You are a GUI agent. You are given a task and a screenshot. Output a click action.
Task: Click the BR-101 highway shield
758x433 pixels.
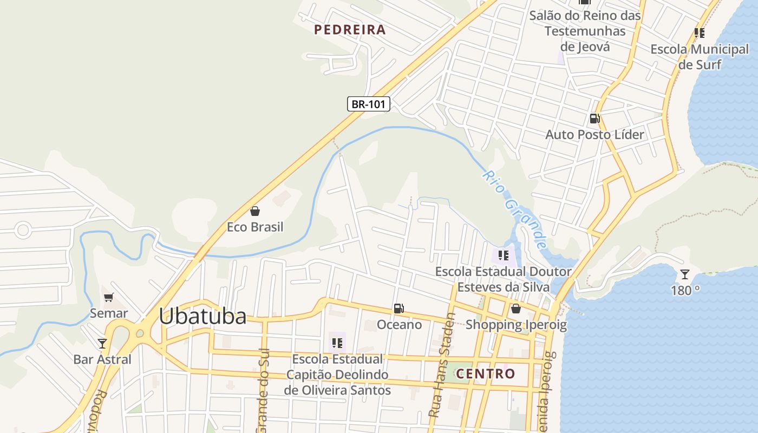click(x=368, y=104)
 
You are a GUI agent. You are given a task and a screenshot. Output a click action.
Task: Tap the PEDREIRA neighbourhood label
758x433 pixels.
click(x=350, y=30)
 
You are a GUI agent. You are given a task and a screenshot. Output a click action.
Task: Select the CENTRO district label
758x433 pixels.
click(x=485, y=373)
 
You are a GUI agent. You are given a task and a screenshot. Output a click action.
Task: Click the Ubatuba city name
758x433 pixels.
click(x=202, y=317)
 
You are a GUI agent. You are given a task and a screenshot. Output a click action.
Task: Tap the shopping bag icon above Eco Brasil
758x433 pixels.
click(x=255, y=211)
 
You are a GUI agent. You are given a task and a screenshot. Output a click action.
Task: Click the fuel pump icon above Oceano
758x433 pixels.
click(x=399, y=309)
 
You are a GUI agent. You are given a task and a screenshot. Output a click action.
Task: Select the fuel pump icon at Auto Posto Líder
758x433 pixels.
click(x=594, y=119)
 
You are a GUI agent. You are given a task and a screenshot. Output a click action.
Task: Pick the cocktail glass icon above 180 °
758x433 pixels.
click(x=685, y=274)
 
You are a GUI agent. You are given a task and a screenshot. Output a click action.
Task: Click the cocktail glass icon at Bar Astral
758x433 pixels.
click(x=102, y=343)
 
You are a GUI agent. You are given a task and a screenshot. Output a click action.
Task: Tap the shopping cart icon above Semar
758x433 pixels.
click(x=109, y=297)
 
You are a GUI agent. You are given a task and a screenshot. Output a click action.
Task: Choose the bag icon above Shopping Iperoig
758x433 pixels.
click(x=516, y=309)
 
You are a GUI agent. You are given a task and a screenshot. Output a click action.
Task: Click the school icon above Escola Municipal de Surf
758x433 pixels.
click(x=700, y=33)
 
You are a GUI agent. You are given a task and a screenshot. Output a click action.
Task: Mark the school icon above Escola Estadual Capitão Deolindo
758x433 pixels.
click(x=337, y=343)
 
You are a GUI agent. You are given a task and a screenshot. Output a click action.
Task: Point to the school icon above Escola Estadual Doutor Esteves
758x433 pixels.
click(x=504, y=255)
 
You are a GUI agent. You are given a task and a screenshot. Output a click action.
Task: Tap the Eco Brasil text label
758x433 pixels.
click(x=255, y=227)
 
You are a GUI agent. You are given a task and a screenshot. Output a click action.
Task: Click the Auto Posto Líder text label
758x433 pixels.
click(x=594, y=134)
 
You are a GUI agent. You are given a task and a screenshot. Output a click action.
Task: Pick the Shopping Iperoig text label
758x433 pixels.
click(x=516, y=325)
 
